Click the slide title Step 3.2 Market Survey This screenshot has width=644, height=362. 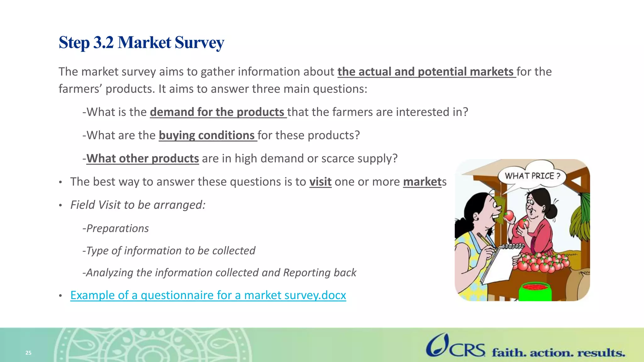141,42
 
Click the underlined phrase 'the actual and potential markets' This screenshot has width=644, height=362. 426,72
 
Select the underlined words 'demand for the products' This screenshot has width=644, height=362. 217,112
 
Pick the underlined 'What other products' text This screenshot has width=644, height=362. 143,159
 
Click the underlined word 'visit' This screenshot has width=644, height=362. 320,182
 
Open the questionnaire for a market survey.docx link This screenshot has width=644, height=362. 208,295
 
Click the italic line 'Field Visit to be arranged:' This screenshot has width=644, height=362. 138,205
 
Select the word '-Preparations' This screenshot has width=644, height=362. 116,228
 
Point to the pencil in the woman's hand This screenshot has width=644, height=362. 486,240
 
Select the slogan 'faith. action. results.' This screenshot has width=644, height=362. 558,353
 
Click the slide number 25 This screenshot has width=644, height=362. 28,353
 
